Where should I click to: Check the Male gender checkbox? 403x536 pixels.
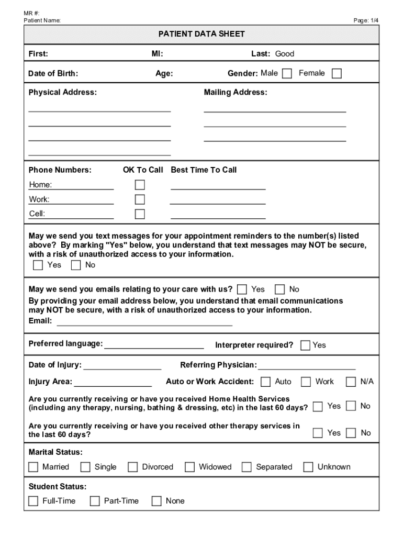(x=287, y=74)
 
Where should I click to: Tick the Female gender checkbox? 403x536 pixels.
(x=337, y=74)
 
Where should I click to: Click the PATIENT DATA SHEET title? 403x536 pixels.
(x=201, y=34)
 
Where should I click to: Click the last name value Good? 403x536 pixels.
(x=285, y=53)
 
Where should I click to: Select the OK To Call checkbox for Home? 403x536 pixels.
(x=140, y=185)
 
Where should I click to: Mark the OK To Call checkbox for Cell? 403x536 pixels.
(x=140, y=214)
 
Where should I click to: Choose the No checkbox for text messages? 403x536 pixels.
(x=76, y=265)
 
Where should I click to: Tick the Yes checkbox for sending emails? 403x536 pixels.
(x=242, y=289)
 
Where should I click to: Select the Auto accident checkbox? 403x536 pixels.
(x=266, y=382)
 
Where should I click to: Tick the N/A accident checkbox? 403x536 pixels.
(x=351, y=382)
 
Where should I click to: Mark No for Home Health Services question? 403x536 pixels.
(x=351, y=406)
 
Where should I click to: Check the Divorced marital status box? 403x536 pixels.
(x=133, y=467)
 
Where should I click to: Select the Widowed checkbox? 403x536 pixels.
(x=189, y=467)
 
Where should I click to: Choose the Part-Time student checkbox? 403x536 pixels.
(x=95, y=501)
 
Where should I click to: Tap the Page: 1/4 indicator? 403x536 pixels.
(x=366, y=20)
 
